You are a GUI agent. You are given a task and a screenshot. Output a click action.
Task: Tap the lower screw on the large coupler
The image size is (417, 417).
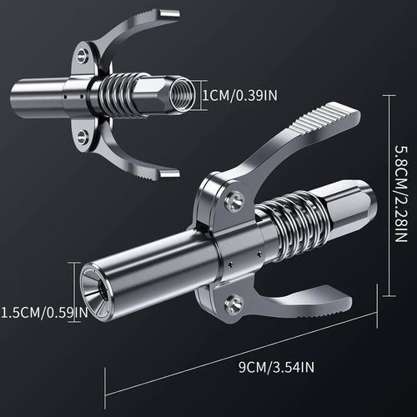236,302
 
